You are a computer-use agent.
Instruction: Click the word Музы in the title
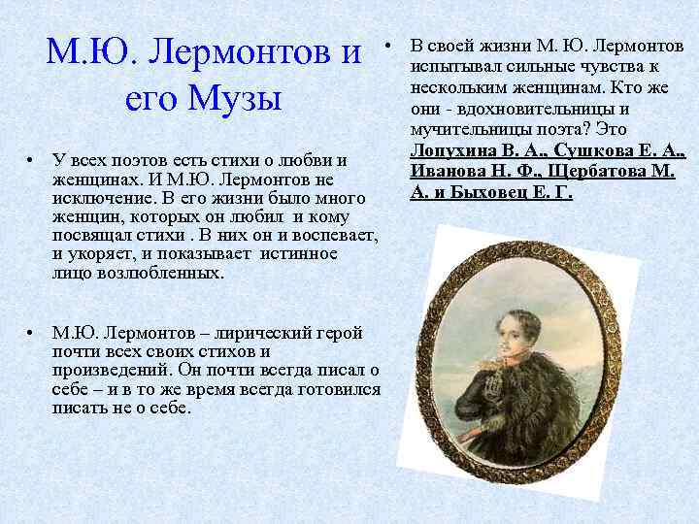233,99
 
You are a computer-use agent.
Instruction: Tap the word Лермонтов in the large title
225,49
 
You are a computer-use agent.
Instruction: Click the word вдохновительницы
531,109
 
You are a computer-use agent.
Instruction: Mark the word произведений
108,370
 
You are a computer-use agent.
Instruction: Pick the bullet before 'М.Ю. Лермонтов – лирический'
32,333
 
